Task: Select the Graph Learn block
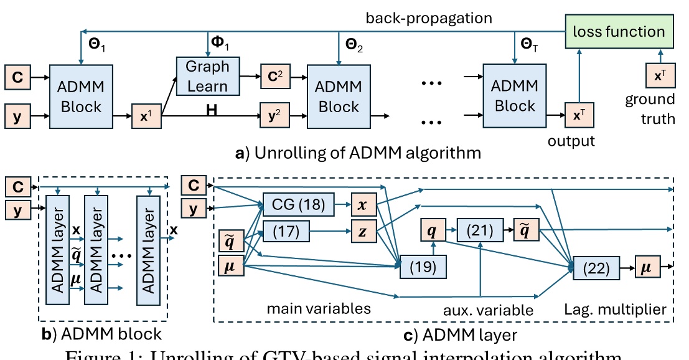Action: [207, 75]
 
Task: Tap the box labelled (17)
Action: [286, 231]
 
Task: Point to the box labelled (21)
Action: [480, 231]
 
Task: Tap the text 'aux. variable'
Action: [480, 310]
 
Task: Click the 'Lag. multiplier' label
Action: [616, 310]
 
